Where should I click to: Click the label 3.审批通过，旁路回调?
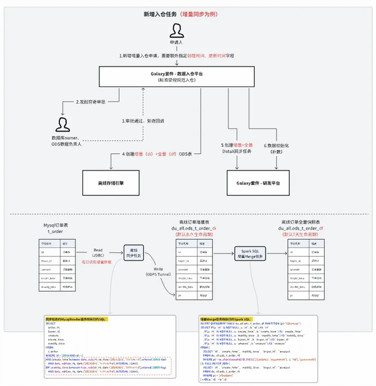point(143,121)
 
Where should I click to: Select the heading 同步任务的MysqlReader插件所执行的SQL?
point(77,319)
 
